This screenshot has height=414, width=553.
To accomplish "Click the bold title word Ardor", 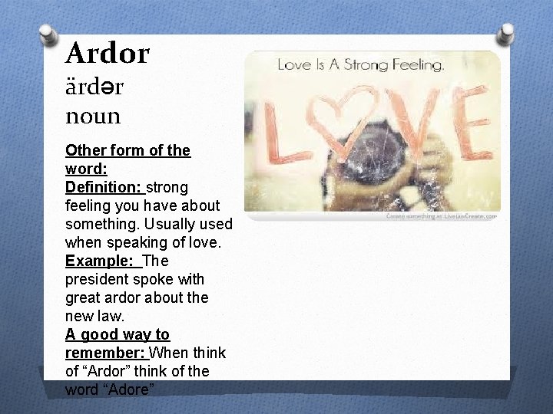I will [108, 54].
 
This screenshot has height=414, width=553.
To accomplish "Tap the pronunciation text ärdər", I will [94, 86].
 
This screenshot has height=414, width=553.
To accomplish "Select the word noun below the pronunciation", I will [93, 117].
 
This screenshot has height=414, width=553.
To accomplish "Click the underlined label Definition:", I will [104, 187].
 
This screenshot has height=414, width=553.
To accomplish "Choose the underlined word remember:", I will [105, 353].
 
